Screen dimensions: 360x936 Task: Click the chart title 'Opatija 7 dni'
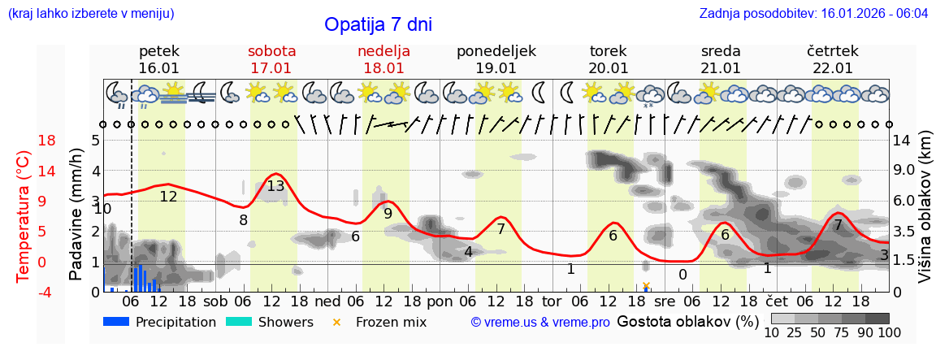tap(378, 24)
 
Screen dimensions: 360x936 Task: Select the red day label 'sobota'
tap(271, 51)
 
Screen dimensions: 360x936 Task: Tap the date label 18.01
tap(383, 68)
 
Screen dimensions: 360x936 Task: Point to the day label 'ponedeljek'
tap(496, 51)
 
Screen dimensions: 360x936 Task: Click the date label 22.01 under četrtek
tap(833, 68)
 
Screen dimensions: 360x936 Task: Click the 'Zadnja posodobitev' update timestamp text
tap(813, 14)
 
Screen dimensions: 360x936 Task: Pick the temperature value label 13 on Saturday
tap(275, 186)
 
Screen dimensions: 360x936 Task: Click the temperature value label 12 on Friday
tap(168, 197)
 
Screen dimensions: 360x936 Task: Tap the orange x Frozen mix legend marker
tap(337, 323)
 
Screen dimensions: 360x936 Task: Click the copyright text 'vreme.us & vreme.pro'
tap(539, 323)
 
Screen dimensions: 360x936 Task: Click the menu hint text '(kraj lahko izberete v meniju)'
tap(90, 14)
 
